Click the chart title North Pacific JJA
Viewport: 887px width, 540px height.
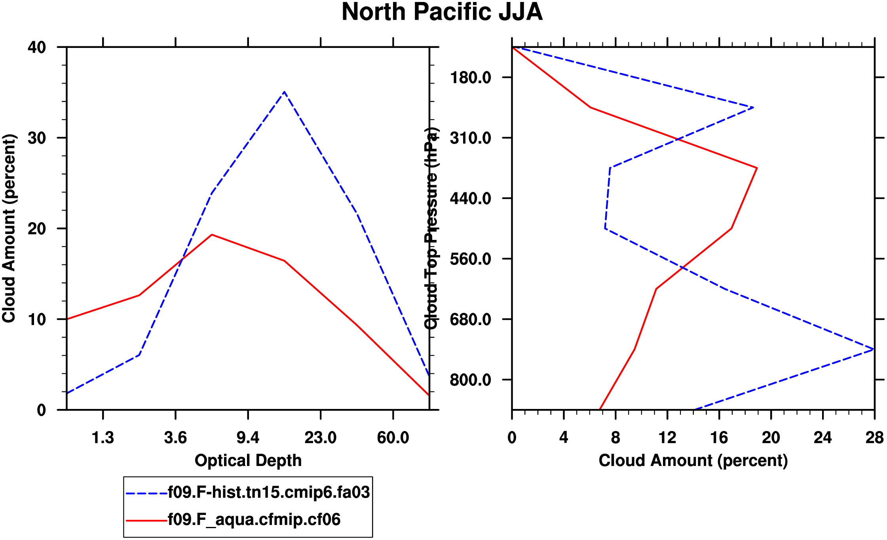click(442, 12)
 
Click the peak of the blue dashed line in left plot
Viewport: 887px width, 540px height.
click(284, 92)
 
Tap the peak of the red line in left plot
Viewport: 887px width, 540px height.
click(212, 235)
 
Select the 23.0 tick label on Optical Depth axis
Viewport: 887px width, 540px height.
click(320, 438)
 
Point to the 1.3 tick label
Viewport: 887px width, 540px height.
click(103, 438)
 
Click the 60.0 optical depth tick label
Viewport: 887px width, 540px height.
click(393, 438)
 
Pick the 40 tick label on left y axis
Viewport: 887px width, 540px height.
click(37, 48)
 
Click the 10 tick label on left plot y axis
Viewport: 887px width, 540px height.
click(37, 319)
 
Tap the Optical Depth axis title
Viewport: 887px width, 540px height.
click(248, 461)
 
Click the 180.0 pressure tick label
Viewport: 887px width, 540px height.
click(471, 78)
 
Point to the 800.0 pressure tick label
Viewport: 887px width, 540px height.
click(471, 380)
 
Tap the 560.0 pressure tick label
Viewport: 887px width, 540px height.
click(471, 259)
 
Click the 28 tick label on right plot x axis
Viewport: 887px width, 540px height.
click(874, 438)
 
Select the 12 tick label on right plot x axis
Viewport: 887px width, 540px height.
click(667, 438)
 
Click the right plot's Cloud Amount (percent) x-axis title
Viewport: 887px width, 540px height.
click(693, 461)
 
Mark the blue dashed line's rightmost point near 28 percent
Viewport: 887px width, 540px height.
click(873, 349)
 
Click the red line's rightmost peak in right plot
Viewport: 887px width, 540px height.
click(757, 168)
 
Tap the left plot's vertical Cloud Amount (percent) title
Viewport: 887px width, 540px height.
click(9, 228)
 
